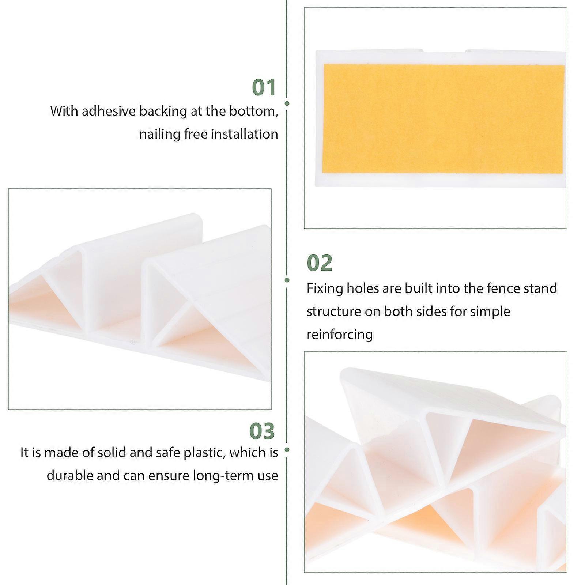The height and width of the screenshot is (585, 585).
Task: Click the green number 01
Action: tap(264, 88)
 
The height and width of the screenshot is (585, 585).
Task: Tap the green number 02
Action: tap(320, 263)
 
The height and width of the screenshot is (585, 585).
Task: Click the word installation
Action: tap(245, 134)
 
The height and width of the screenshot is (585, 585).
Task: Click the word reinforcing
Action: tap(340, 335)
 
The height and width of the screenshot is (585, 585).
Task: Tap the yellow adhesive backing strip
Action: tap(443, 119)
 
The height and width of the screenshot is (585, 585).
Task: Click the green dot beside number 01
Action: tap(287, 103)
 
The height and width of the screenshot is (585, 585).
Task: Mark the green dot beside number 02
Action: tap(287, 280)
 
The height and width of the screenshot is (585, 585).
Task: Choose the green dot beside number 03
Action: tap(287, 450)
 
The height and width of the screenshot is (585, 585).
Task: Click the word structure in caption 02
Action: tap(333, 312)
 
